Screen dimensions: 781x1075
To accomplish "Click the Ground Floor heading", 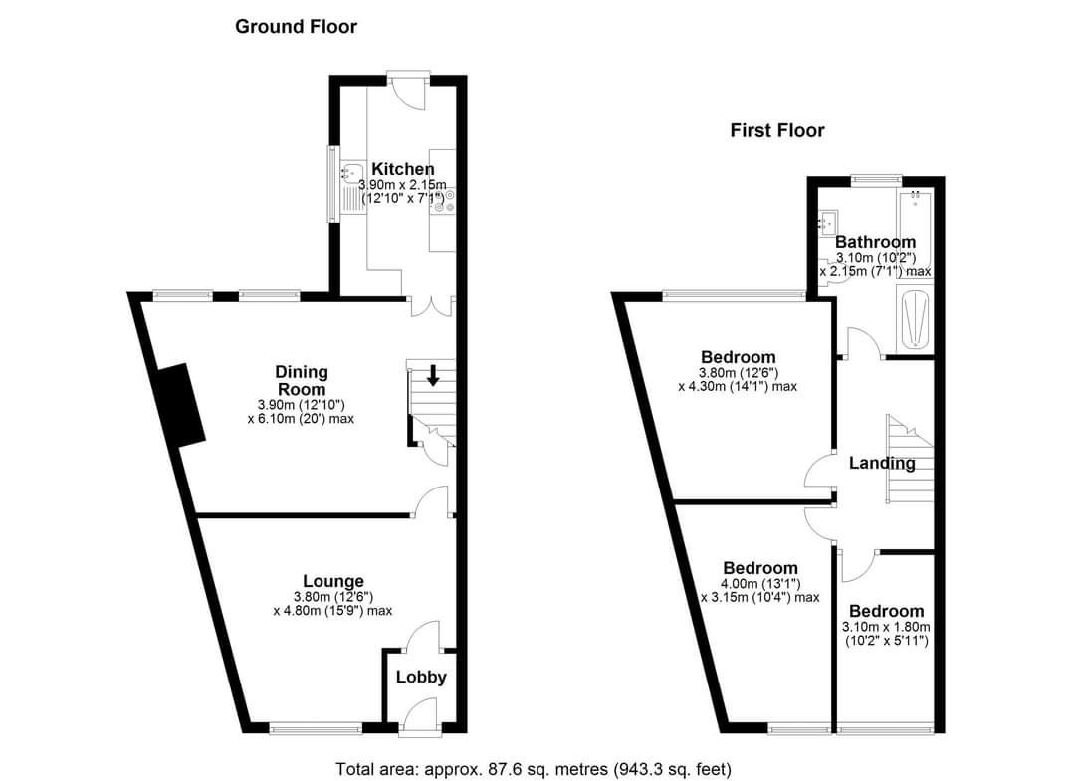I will [296, 27].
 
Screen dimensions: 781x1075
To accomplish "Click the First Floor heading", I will [776, 130].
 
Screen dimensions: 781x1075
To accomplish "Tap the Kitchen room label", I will [402, 169].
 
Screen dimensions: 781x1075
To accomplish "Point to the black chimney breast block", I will [180, 405].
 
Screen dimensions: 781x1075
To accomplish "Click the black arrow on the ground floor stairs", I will [433, 376].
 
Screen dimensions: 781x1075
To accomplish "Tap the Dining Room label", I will [301, 380].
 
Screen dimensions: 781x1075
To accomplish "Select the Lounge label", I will [332, 581].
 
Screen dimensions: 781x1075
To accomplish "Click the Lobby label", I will [421, 678].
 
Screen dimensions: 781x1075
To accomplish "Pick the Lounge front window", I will [317, 728].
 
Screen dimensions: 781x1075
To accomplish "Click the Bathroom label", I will [875, 242].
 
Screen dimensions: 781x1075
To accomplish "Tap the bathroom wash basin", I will [828, 222].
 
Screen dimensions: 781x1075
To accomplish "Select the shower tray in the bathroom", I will [913, 318].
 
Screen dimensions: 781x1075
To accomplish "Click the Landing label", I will [882, 463].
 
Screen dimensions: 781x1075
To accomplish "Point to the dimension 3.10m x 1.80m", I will [886, 627].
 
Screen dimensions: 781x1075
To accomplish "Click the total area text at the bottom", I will [534, 769].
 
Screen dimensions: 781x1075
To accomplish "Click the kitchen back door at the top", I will [407, 88].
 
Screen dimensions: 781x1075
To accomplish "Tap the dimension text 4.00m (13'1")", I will [760, 584].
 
